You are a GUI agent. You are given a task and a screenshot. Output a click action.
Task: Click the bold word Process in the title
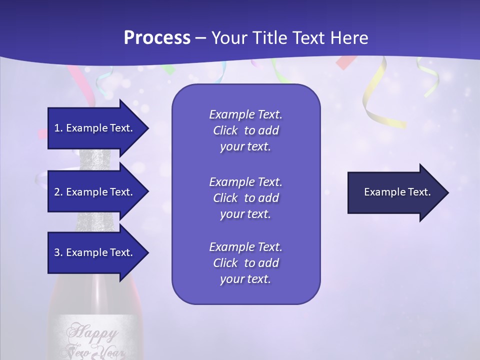[x=157, y=38]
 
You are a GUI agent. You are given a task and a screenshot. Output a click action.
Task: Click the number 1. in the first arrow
[x=58, y=128]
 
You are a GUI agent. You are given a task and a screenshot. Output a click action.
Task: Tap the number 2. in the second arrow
[x=58, y=192]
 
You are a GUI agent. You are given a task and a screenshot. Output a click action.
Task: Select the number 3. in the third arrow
[x=58, y=252]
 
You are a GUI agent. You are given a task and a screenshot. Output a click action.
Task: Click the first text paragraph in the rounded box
[x=245, y=130]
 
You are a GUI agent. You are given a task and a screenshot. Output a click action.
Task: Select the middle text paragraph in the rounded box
[x=245, y=197]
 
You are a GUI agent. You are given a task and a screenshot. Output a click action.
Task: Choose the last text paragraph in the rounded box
[x=245, y=263]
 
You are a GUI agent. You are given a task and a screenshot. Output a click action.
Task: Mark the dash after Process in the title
[x=200, y=38]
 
